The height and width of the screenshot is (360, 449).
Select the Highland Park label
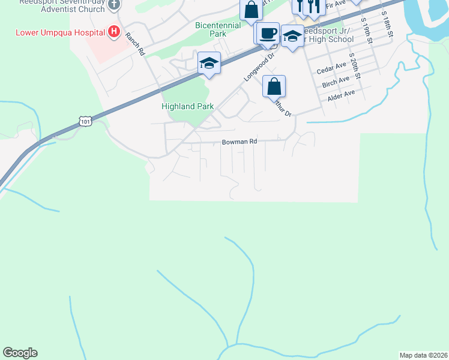(x=187, y=106)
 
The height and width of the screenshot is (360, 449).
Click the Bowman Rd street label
(x=240, y=142)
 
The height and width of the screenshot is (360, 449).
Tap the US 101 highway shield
(x=85, y=122)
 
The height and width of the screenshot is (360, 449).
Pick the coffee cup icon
(x=268, y=32)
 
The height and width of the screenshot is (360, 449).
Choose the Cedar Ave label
(x=331, y=68)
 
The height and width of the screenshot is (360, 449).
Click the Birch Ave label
(x=336, y=81)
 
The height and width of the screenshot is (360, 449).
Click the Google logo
(x=20, y=353)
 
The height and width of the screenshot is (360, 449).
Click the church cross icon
(x=113, y=5)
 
